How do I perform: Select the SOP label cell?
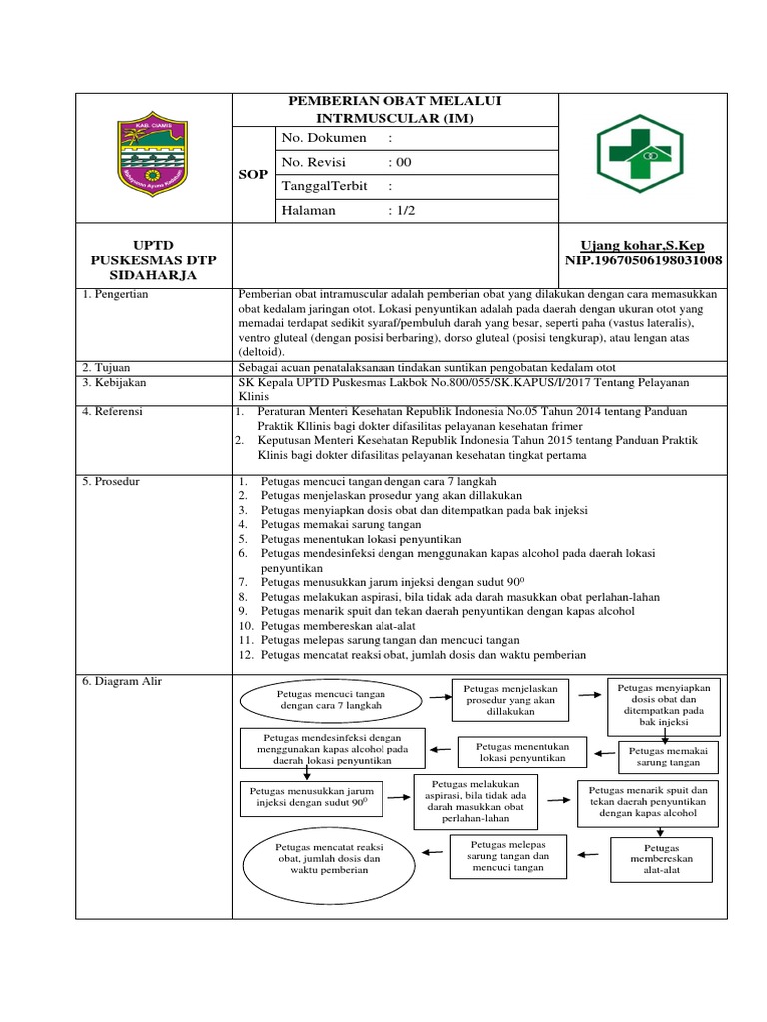(x=252, y=174)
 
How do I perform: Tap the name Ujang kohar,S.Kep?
(x=646, y=246)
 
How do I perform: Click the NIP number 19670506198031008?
(x=644, y=261)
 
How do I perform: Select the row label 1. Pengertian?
(x=116, y=296)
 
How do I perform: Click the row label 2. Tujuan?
(x=108, y=368)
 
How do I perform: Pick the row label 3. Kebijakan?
(x=114, y=383)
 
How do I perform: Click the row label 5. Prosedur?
(x=112, y=482)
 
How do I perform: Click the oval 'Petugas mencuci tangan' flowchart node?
(x=331, y=699)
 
